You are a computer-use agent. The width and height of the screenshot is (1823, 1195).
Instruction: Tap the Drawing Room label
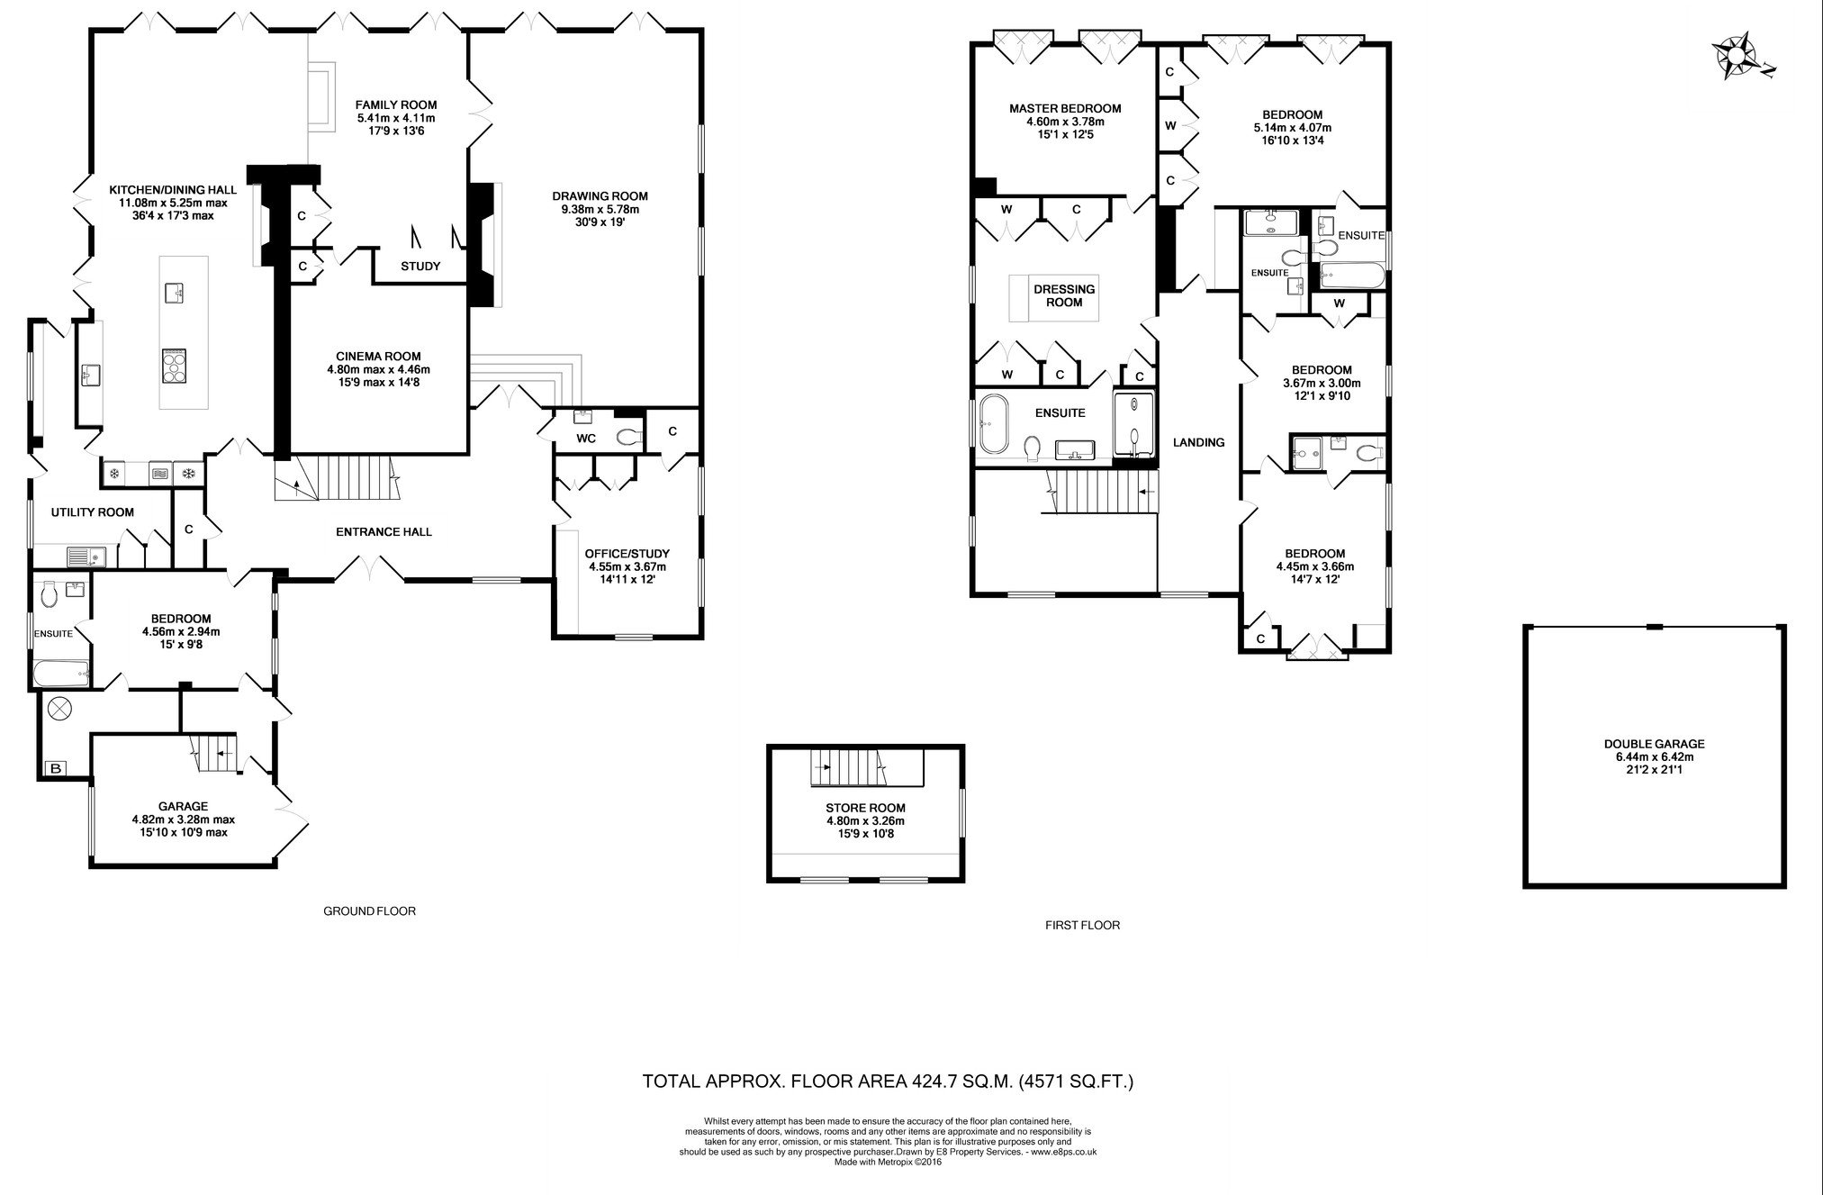pyautogui.click(x=600, y=209)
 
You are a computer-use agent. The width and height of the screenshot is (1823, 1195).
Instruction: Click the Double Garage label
pyautogui.click(x=1654, y=756)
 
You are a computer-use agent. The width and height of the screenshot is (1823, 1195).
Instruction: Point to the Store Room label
pyautogui.click(x=865, y=820)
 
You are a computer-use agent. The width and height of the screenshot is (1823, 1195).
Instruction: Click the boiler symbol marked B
pyautogui.click(x=56, y=768)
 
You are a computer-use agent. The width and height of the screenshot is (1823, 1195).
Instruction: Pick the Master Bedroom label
pyautogui.click(x=1065, y=122)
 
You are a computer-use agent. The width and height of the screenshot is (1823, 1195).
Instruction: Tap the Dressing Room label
pyautogui.click(x=1064, y=295)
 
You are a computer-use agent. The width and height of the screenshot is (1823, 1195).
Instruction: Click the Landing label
pyautogui.click(x=1198, y=442)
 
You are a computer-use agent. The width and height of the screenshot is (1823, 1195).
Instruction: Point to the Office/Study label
pyautogui.click(x=627, y=566)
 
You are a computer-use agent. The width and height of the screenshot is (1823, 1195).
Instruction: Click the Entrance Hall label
pyautogui.click(x=384, y=531)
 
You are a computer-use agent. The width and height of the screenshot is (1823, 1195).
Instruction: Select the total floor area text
pyautogui.click(x=888, y=1081)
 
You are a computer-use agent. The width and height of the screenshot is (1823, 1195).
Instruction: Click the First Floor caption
pyautogui.click(x=1082, y=925)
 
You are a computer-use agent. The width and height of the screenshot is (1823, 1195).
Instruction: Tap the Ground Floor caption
pyautogui.click(x=369, y=910)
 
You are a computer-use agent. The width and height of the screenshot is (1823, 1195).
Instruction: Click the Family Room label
pyautogui.click(x=395, y=117)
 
